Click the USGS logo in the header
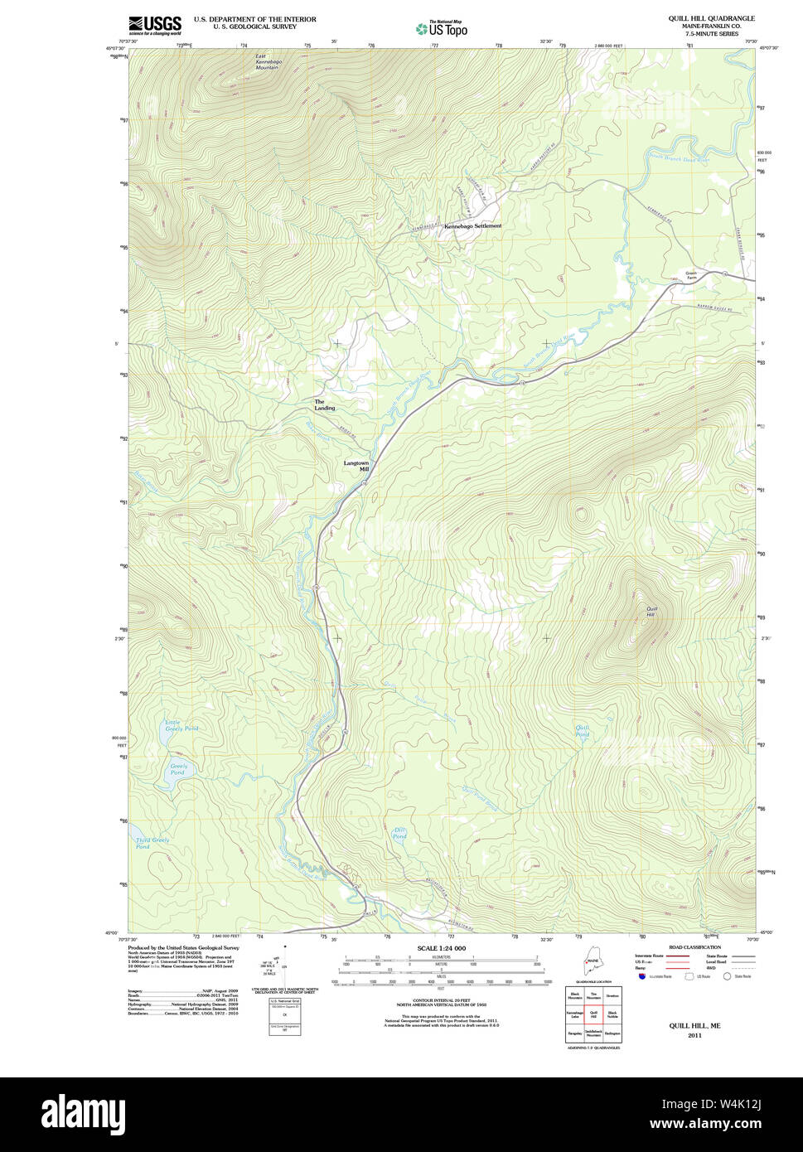(154, 26)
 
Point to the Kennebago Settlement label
(472, 225)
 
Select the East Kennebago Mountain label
(267, 61)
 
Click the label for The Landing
(324, 405)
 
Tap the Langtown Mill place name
(356, 466)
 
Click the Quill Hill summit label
(651, 612)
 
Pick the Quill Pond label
(583, 731)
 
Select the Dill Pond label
(399, 833)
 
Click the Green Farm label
(691, 275)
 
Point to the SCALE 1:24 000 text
(441, 948)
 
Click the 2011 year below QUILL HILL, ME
(694, 1034)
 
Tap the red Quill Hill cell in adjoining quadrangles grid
(593, 1014)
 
